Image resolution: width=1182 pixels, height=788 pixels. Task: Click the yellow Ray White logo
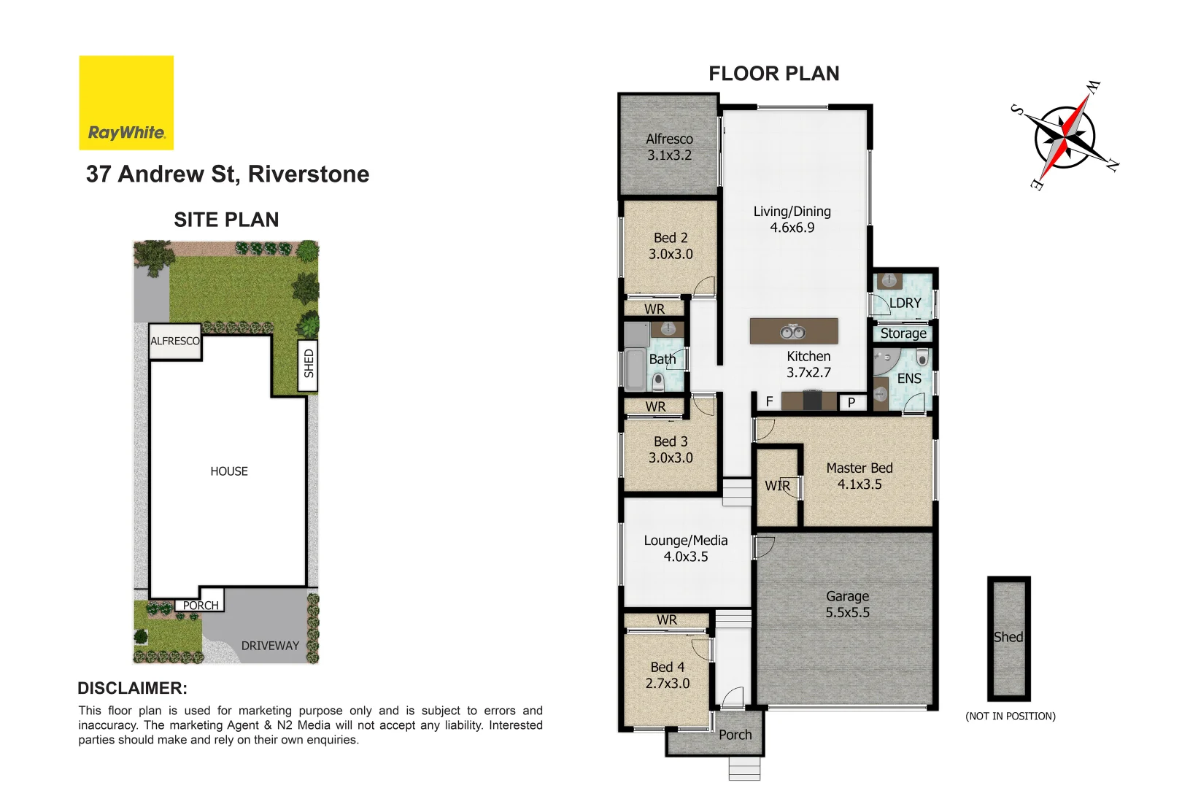126,103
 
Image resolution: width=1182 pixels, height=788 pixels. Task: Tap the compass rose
1065,136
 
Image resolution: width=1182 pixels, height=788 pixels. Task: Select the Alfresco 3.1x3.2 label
669,147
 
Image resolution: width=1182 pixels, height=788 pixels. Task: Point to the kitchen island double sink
793,332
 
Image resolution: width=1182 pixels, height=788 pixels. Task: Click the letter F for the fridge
769,401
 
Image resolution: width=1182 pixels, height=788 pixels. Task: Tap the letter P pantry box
851,402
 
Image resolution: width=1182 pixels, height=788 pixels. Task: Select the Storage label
903,333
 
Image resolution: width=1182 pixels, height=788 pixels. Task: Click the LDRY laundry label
905,303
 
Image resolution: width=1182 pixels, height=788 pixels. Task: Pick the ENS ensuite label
909,379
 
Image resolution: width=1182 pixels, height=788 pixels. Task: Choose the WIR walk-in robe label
777,486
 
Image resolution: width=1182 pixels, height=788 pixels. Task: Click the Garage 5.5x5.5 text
847,604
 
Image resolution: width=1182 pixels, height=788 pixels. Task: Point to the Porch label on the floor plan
735,735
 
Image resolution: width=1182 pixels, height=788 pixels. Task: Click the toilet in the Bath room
658,380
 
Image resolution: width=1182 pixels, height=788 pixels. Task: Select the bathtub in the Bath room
634,369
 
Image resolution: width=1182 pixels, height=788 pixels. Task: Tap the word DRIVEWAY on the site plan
270,646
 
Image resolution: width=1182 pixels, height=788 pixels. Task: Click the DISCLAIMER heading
132,688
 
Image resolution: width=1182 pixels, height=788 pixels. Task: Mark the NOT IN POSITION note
1011,716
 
